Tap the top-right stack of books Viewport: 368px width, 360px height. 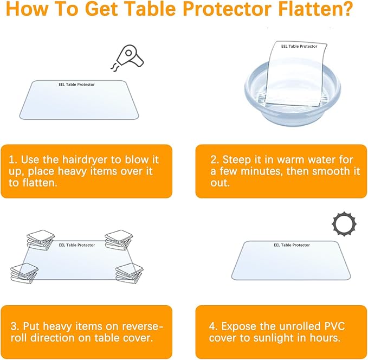[x=119, y=239]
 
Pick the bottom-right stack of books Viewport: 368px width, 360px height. [x=129, y=273]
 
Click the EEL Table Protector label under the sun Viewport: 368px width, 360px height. [x=292, y=245]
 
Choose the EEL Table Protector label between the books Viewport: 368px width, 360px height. [x=76, y=245]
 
